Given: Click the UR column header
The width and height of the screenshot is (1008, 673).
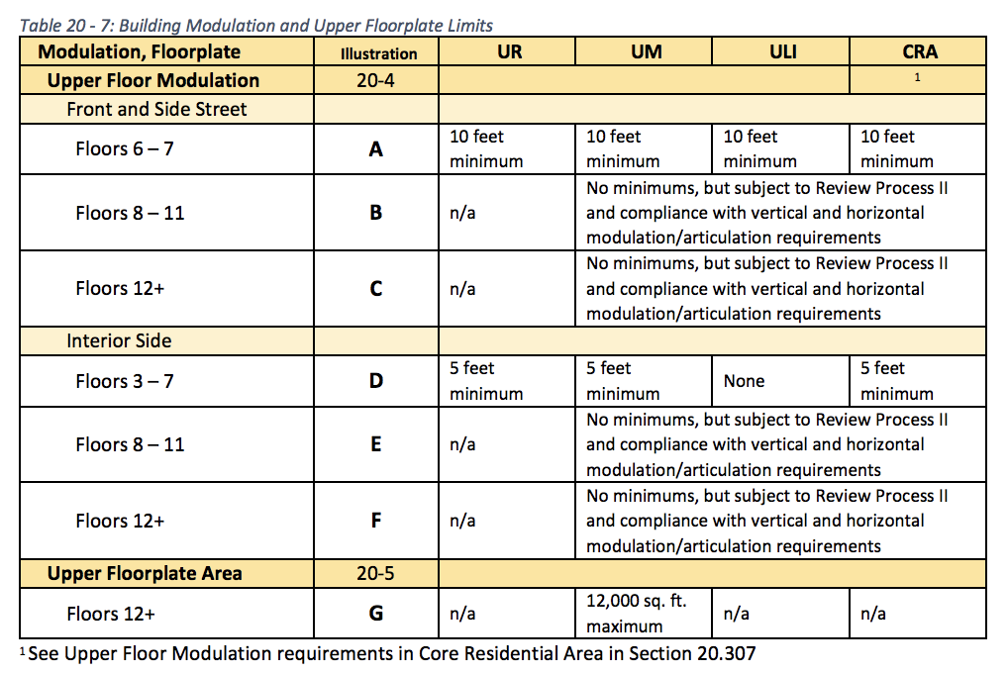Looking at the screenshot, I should point(507,52).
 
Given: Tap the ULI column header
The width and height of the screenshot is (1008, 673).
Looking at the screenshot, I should point(782,52).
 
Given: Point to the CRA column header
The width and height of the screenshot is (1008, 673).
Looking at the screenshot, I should point(919,52).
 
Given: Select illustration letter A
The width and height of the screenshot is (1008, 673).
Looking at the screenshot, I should point(376,149).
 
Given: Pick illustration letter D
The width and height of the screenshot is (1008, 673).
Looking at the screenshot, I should point(376,381).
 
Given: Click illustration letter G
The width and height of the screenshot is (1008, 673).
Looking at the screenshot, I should point(376,614).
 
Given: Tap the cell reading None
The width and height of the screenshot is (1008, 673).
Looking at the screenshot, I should point(744,381).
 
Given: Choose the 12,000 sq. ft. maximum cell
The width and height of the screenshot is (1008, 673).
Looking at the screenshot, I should point(636,614).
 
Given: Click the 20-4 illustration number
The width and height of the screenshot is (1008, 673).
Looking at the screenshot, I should point(376,80).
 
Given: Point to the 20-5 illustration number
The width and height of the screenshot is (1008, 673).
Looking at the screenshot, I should point(376,573).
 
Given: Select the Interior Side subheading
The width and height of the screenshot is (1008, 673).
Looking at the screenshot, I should point(119,341).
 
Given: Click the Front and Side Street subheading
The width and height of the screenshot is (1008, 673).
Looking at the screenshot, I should point(156,109).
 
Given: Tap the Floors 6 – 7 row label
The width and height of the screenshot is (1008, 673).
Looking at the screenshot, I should point(125,149).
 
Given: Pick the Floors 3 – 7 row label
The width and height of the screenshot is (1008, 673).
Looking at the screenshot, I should point(125,381).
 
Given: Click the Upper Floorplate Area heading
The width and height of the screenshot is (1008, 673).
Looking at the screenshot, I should point(145,573).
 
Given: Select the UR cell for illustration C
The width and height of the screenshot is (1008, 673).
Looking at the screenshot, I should point(462,289).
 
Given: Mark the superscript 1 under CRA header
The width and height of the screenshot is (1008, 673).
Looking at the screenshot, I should point(918,77).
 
